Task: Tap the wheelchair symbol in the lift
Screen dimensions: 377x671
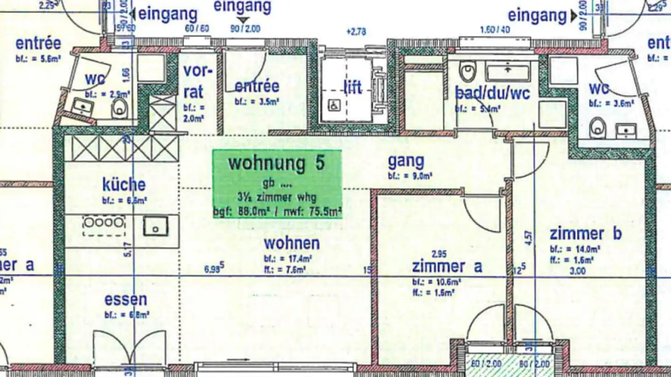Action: [x=335, y=106]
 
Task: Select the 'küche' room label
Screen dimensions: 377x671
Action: [x=124, y=185]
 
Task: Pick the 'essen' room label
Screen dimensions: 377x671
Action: [x=125, y=300]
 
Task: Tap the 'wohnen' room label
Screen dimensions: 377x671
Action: [x=292, y=243]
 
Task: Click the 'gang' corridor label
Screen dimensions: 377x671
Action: [x=406, y=161]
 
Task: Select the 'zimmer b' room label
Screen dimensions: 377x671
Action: [x=585, y=233]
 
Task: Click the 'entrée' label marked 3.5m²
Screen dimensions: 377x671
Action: [x=257, y=86]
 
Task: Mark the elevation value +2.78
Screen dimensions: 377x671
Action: [x=356, y=32]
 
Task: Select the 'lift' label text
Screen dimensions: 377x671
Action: [x=352, y=87]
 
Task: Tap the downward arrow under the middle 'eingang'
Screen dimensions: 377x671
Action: [x=242, y=20]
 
